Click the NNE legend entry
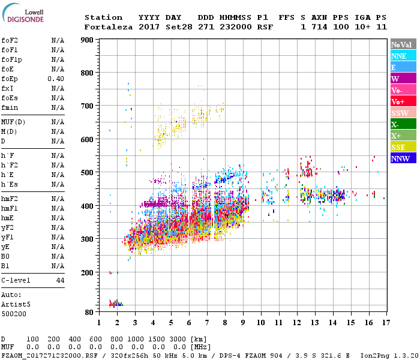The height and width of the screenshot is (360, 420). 403,56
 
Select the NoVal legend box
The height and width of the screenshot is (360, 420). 403,44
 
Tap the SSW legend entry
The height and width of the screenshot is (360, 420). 403,113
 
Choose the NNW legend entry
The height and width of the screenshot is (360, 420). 403,158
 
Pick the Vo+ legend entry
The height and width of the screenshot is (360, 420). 403,101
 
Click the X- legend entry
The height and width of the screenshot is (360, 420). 403,124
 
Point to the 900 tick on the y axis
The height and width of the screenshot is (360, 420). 88,40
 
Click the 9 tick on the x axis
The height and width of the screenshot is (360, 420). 243,323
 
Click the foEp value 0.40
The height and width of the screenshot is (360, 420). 56,79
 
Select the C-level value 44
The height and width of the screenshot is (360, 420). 60,280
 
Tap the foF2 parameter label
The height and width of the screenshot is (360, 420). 10,40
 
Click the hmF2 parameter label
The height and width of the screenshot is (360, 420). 10,199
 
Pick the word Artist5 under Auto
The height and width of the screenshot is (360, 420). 14,304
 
